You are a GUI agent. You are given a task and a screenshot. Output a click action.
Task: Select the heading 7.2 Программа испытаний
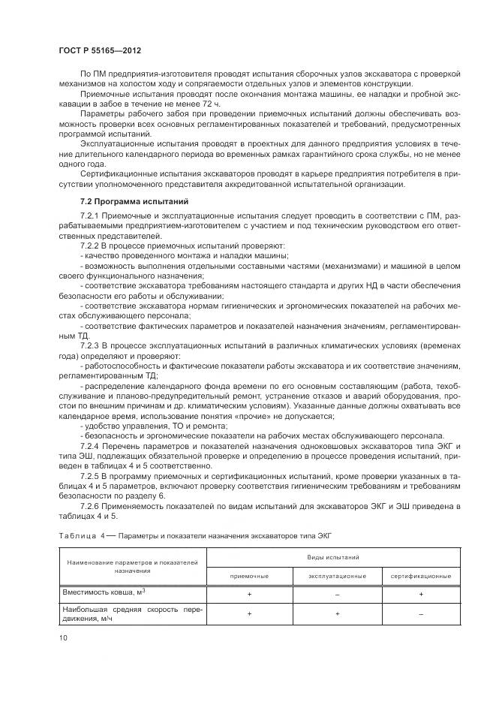click(x=129, y=202)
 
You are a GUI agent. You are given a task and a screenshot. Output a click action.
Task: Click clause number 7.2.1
click(x=92, y=215)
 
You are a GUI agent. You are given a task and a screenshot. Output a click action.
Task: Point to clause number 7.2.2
click(x=92, y=246)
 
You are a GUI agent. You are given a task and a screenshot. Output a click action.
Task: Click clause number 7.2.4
click(x=92, y=435)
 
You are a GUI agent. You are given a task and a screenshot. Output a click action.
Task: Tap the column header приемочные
click(x=249, y=575)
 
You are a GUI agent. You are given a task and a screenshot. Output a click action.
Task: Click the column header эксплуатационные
click(x=337, y=575)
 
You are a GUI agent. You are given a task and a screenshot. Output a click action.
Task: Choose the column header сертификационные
click(x=421, y=575)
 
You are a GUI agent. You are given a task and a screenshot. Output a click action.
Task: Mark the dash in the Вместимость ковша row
click(x=337, y=593)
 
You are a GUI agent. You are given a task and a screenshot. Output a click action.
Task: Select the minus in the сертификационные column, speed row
click(x=421, y=613)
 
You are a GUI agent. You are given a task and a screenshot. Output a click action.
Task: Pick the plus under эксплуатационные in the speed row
click(x=337, y=613)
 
